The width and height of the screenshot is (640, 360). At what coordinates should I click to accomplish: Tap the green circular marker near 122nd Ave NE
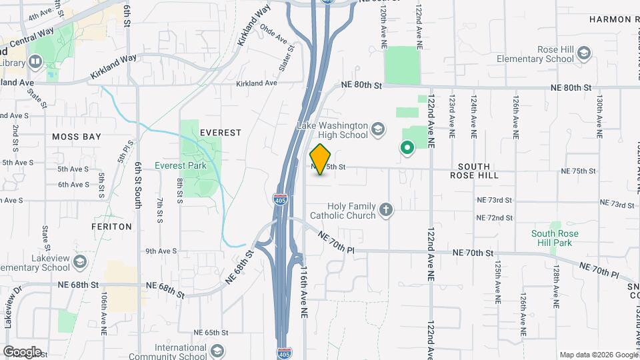click(406, 148)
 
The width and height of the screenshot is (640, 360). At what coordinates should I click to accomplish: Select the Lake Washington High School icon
click(378, 129)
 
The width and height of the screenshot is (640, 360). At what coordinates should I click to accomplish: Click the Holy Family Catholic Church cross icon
click(385, 211)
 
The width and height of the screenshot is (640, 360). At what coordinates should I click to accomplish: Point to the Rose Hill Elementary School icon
click(584, 53)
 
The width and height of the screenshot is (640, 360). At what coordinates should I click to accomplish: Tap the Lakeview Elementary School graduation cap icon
click(81, 260)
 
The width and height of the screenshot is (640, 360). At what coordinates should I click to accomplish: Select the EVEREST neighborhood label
click(220, 133)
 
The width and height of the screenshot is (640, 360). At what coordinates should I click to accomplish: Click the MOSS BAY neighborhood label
click(77, 137)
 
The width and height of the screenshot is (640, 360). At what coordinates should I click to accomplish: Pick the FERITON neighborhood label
click(111, 227)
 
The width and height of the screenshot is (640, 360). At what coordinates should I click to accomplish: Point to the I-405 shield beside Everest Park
click(281, 199)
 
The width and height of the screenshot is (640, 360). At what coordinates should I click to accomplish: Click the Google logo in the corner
click(22, 351)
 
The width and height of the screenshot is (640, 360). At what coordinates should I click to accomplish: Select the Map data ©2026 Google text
click(598, 355)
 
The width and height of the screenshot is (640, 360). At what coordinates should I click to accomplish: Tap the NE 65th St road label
click(211, 332)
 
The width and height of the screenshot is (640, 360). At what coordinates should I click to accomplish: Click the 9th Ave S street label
click(161, 251)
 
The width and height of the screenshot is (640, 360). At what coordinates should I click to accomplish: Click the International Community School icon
click(217, 351)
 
